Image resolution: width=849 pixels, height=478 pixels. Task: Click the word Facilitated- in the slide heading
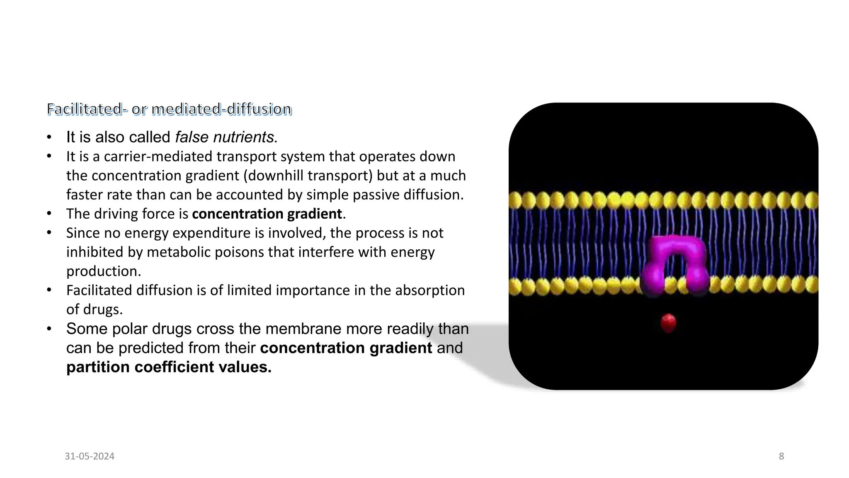click(85, 109)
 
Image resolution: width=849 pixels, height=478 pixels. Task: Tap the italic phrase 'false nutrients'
click(226, 137)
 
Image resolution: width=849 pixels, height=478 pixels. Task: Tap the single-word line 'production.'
click(104, 271)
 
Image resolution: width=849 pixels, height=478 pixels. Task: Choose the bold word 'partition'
click(98, 367)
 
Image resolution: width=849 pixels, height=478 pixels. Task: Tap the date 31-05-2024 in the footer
click(90, 456)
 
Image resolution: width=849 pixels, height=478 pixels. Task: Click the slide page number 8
click(781, 456)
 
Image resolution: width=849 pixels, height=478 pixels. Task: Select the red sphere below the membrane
click(668, 322)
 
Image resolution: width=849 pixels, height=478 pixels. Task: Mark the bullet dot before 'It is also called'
click(49, 137)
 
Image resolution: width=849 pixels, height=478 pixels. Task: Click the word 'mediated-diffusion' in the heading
click(222, 109)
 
